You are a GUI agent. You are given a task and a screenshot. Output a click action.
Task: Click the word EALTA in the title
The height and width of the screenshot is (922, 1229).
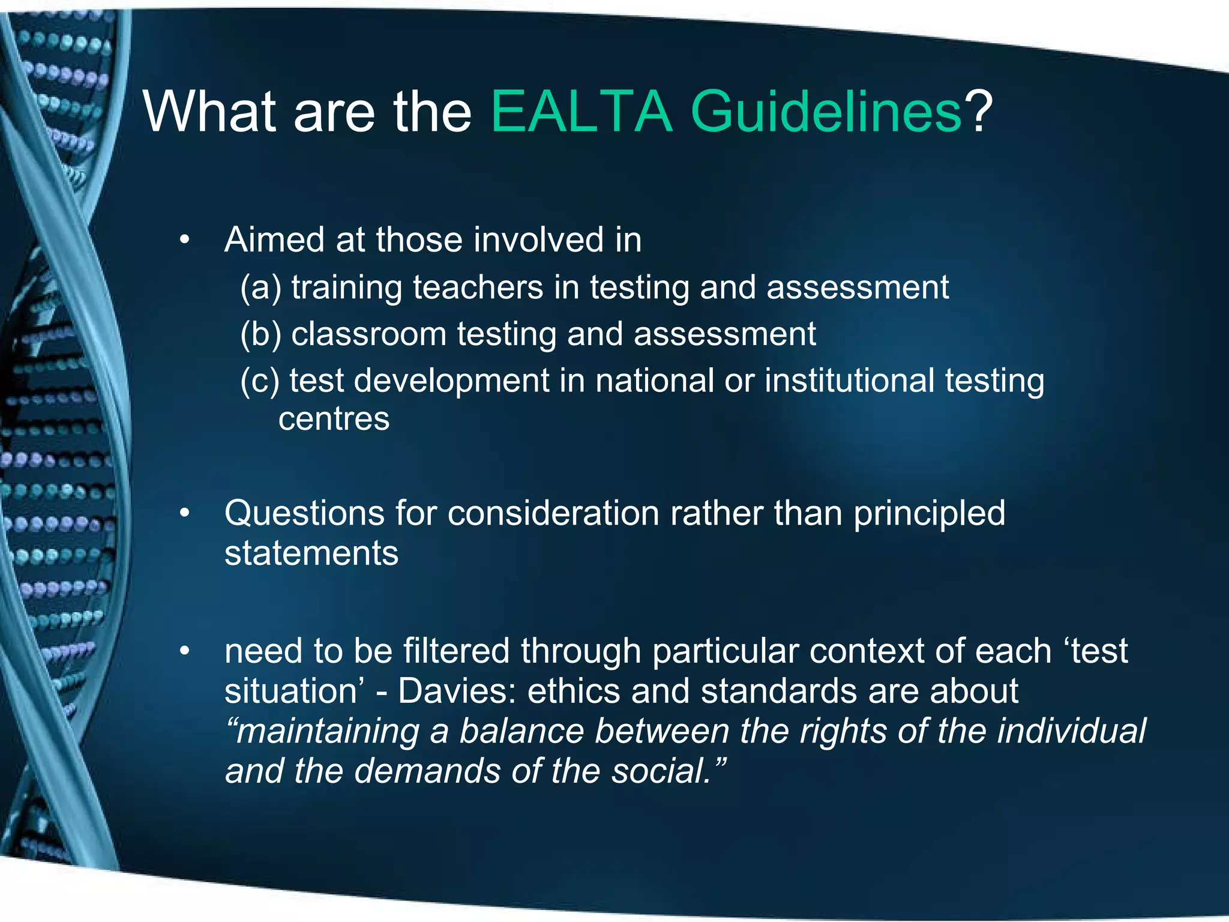pyautogui.click(x=581, y=112)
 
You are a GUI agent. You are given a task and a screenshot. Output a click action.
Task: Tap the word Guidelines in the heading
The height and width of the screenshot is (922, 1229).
pyautogui.click(x=826, y=112)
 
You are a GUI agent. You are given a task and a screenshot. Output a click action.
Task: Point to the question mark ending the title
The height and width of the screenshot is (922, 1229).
pyautogui.click(x=978, y=112)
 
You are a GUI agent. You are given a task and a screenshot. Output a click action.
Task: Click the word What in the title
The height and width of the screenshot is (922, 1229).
pyautogui.click(x=210, y=112)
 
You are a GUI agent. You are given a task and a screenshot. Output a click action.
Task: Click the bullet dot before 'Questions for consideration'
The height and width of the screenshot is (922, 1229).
pyautogui.click(x=184, y=514)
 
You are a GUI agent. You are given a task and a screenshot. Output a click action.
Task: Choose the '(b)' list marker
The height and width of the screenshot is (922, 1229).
pyautogui.click(x=260, y=335)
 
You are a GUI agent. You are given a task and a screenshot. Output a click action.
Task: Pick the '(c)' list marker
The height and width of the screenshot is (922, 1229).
pyautogui.click(x=260, y=382)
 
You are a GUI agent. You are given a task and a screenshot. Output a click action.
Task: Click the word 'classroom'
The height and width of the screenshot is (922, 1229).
pyautogui.click(x=368, y=334)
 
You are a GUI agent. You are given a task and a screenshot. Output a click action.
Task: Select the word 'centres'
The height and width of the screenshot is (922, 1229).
pyautogui.click(x=334, y=419)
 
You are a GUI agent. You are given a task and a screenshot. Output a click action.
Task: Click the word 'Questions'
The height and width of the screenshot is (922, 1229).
pyautogui.click(x=304, y=514)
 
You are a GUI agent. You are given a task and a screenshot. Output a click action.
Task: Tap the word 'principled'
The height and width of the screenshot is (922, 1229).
pyautogui.click(x=929, y=514)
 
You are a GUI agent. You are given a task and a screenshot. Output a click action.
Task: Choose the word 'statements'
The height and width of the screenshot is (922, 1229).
pyautogui.click(x=311, y=553)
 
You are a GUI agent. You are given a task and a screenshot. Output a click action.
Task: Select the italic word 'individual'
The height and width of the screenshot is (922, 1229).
pyautogui.click(x=1071, y=731)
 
